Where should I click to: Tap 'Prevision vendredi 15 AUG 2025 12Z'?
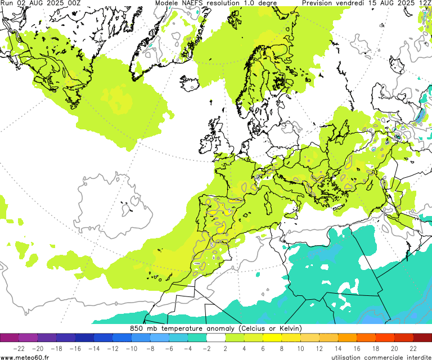pyautogui.click(x=366, y=3)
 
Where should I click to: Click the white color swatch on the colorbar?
pyautogui.click(x=216, y=338)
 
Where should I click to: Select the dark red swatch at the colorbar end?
pyautogui.click(x=422, y=338)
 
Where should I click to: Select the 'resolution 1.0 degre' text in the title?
pyautogui.click(x=245, y=3)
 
